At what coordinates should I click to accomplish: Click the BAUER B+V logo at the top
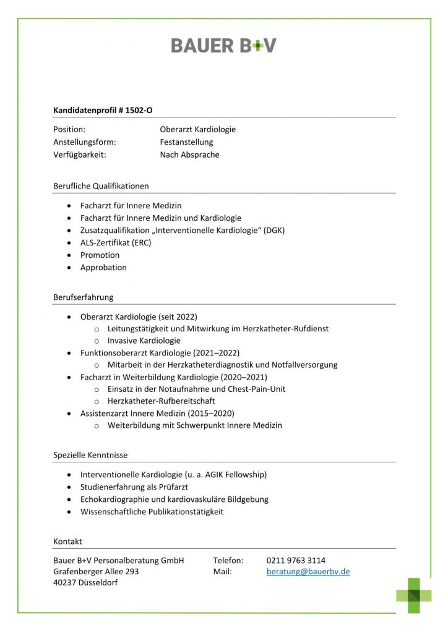(x=223, y=45)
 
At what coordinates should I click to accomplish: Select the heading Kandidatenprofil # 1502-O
(x=103, y=110)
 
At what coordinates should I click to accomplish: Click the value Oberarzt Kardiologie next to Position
(x=197, y=130)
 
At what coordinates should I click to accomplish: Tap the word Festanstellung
(x=186, y=142)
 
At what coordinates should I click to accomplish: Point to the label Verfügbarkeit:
(x=80, y=155)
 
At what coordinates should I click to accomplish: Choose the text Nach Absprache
(x=189, y=155)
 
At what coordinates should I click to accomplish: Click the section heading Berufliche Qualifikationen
(x=101, y=185)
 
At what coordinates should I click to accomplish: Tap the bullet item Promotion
(x=100, y=255)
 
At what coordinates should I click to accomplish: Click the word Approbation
(x=103, y=268)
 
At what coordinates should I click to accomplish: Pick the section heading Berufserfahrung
(x=84, y=297)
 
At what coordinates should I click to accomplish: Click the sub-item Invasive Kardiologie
(x=144, y=340)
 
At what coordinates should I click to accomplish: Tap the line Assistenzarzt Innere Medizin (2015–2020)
(x=157, y=413)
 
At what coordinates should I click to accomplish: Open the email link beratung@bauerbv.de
(x=308, y=572)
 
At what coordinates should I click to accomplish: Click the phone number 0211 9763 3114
(x=296, y=560)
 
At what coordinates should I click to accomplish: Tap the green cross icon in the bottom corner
(x=414, y=595)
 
